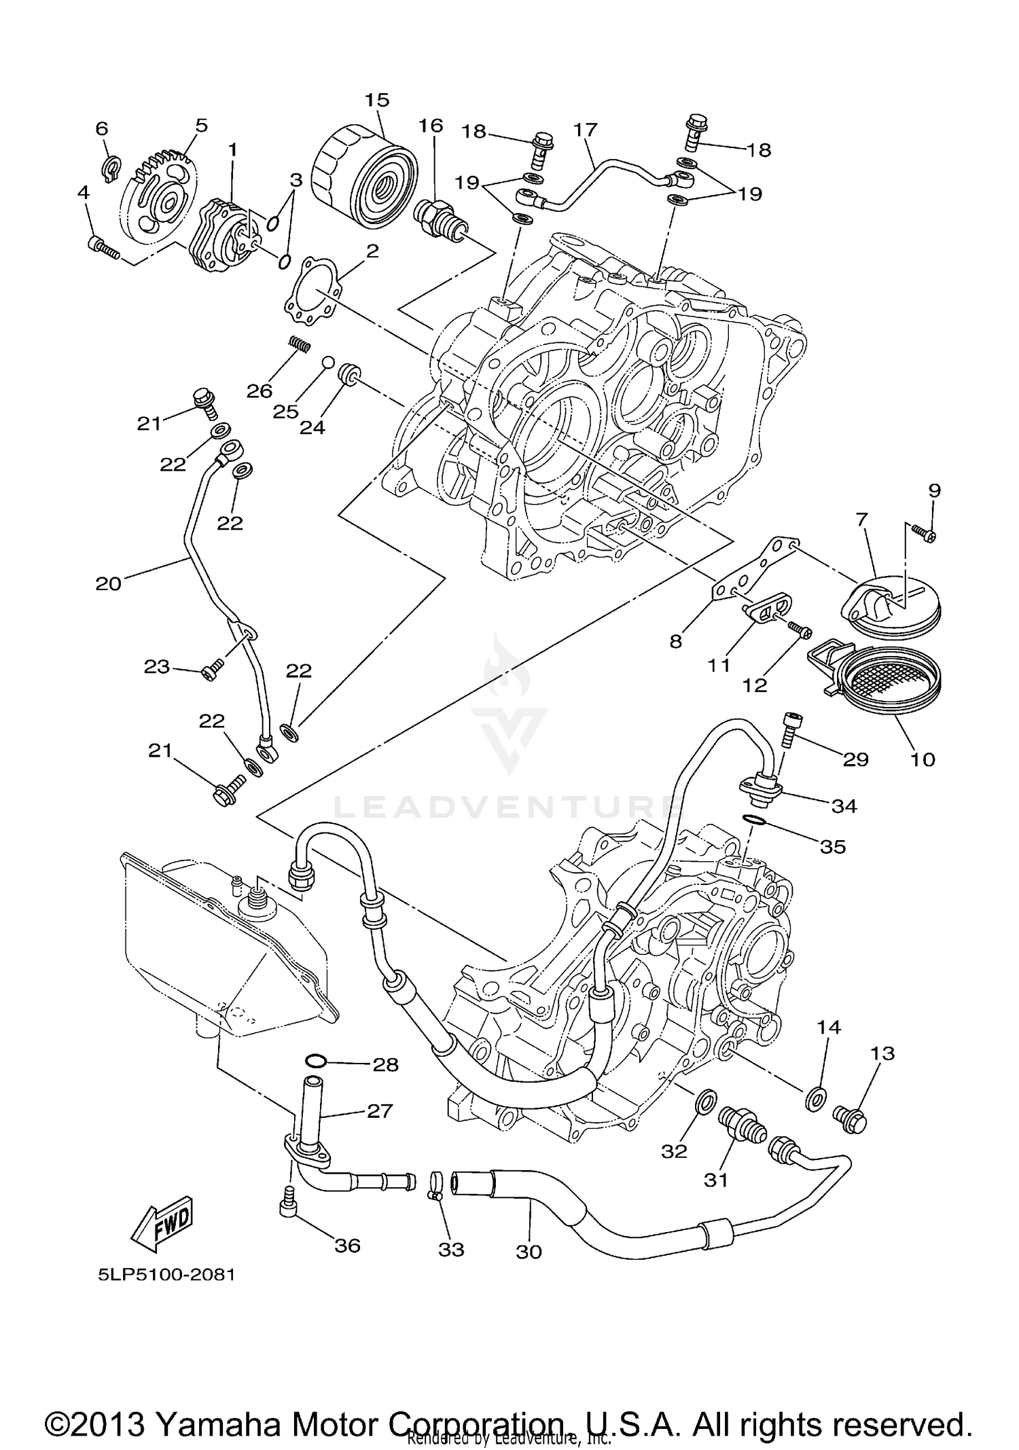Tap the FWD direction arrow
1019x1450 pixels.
(x=162, y=1227)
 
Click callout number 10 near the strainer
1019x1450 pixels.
(x=923, y=759)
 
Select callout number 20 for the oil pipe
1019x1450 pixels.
(x=109, y=583)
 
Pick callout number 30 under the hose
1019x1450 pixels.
(x=529, y=1251)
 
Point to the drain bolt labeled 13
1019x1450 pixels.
(x=851, y=1117)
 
